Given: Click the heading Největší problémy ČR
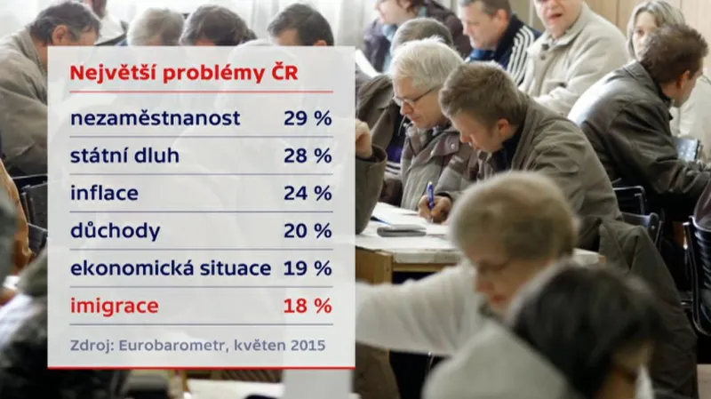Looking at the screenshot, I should pos(183,73).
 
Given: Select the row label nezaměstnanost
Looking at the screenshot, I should pos(155,117).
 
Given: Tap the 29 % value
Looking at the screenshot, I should pos(308,117).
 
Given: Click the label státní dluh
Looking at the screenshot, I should pos(124,156).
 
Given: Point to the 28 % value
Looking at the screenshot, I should pos(308,156).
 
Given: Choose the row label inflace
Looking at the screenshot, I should pos(104,193).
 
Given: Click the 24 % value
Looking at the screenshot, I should pos(308,193).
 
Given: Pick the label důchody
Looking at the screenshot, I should pos(115,231).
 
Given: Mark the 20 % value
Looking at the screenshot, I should pos(308,231).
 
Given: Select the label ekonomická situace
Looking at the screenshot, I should pos(171,268).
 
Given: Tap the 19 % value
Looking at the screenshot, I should pos(308,268).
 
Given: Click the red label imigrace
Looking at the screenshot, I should pos(114,307).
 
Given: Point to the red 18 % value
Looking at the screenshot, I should pos(308,307).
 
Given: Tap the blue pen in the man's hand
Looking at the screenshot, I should pos(430,194).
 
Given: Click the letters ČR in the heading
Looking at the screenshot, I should pos(284,73).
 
